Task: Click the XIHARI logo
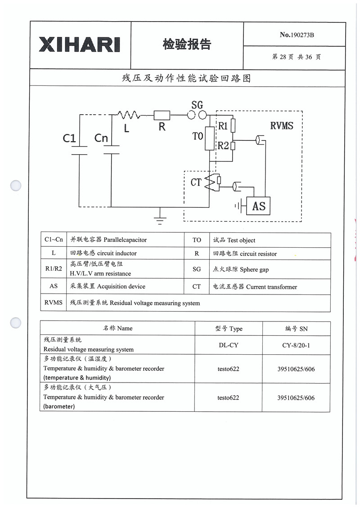(80, 45)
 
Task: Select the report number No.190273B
(297, 35)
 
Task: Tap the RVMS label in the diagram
(281, 126)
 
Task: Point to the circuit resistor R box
(162, 116)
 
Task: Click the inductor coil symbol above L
(129, 115)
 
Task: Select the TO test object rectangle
(210, 138)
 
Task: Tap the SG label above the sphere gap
(197, 105)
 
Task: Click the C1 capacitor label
(69, 138)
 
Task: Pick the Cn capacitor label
(101, 138)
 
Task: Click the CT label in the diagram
(196, 183)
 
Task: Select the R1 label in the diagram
(223, 126)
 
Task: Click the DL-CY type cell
(228, 345)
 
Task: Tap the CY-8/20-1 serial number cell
(296, 345)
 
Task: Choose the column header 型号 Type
(229, 329)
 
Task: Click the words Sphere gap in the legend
(255, 270)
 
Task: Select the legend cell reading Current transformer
(271, 287)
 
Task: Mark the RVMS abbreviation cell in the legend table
(54, 303)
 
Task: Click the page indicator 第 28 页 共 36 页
(297, 57)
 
